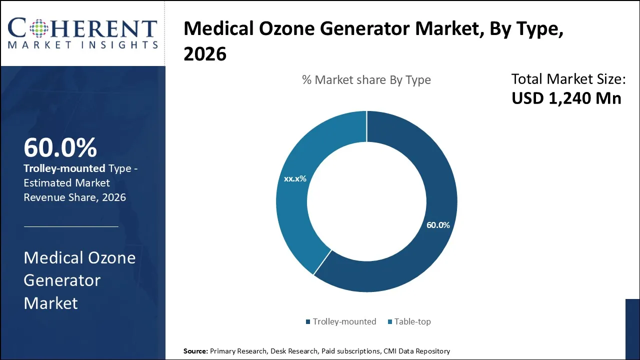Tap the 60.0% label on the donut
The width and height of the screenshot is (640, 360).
438,225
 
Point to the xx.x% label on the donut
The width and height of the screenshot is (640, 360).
295,178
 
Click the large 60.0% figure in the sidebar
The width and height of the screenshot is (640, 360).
60,147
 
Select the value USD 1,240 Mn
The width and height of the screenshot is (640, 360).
566,98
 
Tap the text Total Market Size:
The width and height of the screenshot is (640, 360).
568,79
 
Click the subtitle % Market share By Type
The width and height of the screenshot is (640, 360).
366,80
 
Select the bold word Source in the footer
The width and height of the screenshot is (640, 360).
195,351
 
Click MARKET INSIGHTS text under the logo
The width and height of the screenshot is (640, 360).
82,45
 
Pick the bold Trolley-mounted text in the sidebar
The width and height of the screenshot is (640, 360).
64,168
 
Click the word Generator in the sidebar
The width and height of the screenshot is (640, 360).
62,280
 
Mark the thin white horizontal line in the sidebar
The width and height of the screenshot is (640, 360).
71,226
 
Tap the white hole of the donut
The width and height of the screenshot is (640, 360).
366,201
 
